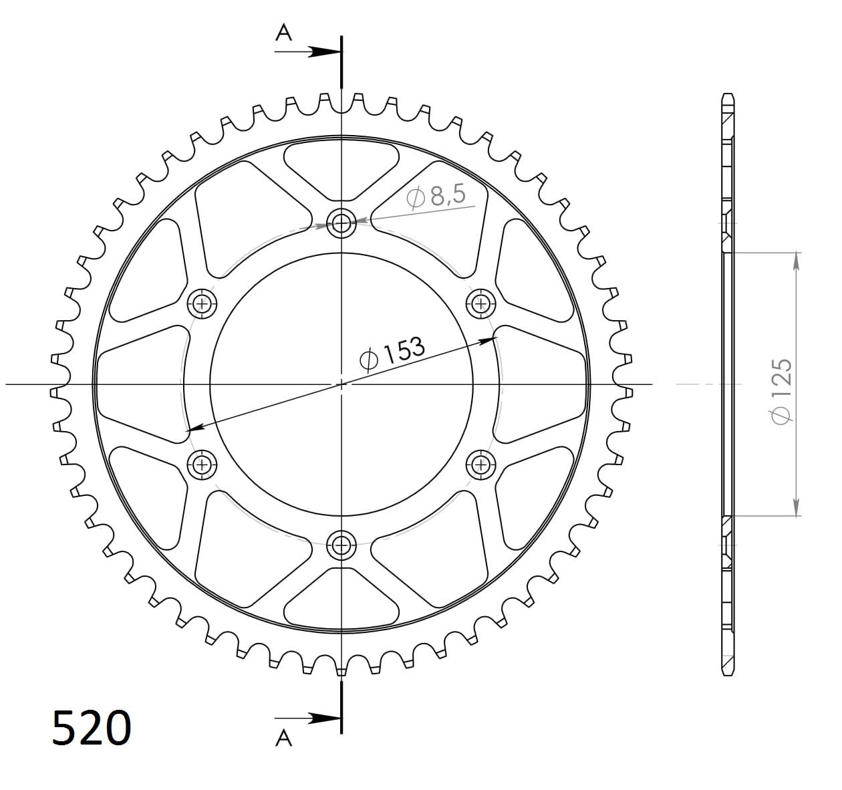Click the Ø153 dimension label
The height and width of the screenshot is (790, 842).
click(392, 352)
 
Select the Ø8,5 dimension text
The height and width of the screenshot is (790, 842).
click(438, 196)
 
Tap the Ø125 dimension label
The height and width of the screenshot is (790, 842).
click(781, 390)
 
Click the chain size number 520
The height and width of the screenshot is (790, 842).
click(92, 728)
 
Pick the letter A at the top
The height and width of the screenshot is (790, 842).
click(284, 32)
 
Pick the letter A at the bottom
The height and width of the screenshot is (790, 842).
click(284, 737)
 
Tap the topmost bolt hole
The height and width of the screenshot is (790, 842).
click(341, 223)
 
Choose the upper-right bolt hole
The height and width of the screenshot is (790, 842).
click(480, 304)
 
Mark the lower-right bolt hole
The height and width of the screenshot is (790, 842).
click(480, 464)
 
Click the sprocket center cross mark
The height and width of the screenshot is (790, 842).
click(341, 384)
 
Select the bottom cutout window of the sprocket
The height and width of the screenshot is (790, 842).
click(341, 602)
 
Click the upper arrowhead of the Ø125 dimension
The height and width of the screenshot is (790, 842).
click(796, 261)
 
